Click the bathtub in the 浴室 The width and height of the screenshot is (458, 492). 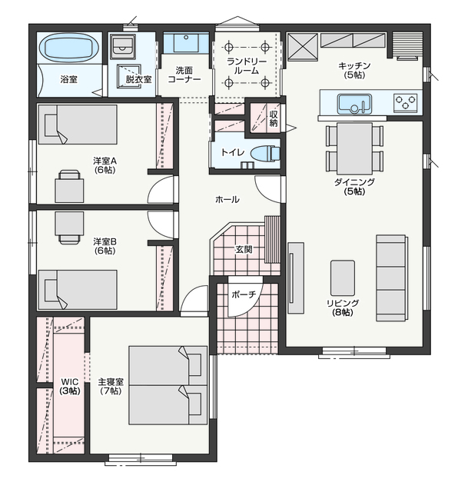click(x=69, y=48)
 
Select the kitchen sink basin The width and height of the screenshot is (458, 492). click(x=354, y=104)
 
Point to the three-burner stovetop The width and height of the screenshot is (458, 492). click(x=405, y=102)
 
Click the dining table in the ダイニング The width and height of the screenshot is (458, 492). click(x=354, y=148)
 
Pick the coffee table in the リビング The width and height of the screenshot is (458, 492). click(x=342, y=278)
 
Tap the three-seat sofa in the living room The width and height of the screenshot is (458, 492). click(x=391, y=278)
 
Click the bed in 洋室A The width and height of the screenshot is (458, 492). click(x=78, y=125)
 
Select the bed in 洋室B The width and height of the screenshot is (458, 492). click(x=78, y=290)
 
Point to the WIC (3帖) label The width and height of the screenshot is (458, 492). click(x=70, y=387)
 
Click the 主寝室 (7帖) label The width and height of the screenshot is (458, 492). click(x=111, y=387)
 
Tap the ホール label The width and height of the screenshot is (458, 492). click(x=227, y=199)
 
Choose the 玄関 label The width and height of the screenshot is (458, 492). click(x=244, y=249)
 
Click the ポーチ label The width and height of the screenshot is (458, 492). click(x=244, y=294)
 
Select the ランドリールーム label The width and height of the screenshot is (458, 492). click(x=247, y=66)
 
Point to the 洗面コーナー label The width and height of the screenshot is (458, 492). click(x=184, y=75)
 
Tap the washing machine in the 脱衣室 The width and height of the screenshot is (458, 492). click(x=122, y=46)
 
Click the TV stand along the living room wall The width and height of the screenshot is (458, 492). click(x=296, y=278)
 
